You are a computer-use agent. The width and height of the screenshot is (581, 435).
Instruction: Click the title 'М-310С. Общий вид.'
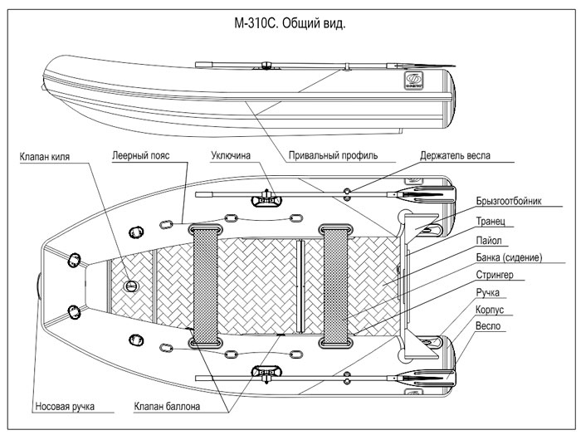290,23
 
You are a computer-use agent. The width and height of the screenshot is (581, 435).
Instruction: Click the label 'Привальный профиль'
334,155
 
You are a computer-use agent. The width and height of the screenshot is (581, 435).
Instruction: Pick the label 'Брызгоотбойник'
509,202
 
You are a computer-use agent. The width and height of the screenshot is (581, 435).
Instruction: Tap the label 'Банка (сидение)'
510,257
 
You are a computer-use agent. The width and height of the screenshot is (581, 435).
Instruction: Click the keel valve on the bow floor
131,286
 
